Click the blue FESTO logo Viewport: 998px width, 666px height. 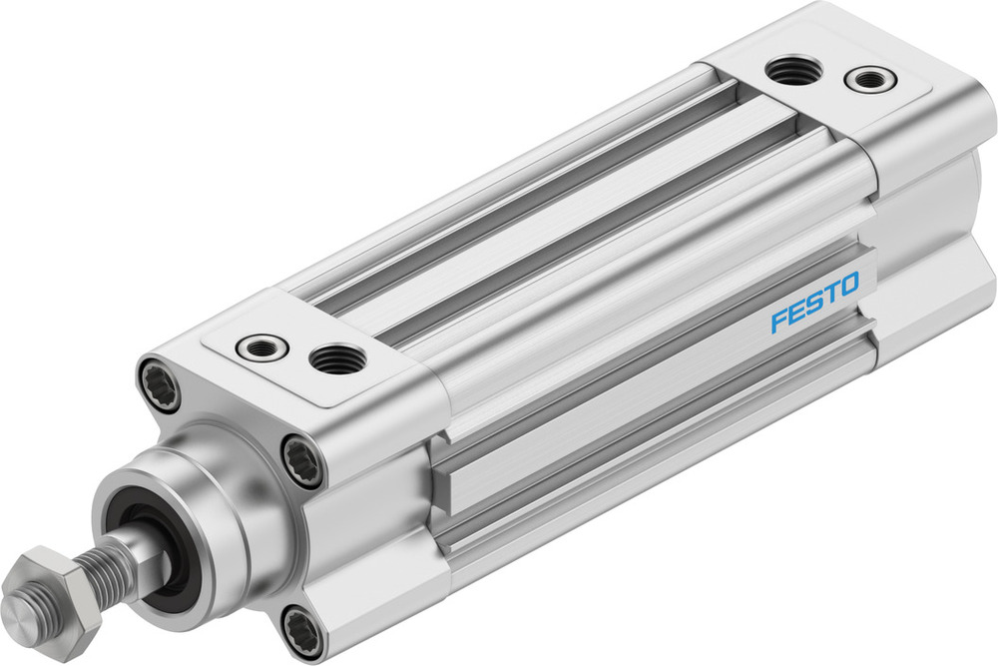[x=813, y=305]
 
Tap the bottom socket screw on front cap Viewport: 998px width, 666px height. [x=300, y=631]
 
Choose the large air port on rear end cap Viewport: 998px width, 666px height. [x=795, y=70]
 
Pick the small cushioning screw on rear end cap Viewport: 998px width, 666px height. [x=870, y=78]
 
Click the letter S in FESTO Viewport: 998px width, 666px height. [x=812, y=304]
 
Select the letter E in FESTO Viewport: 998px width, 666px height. [x=795, y=313]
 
